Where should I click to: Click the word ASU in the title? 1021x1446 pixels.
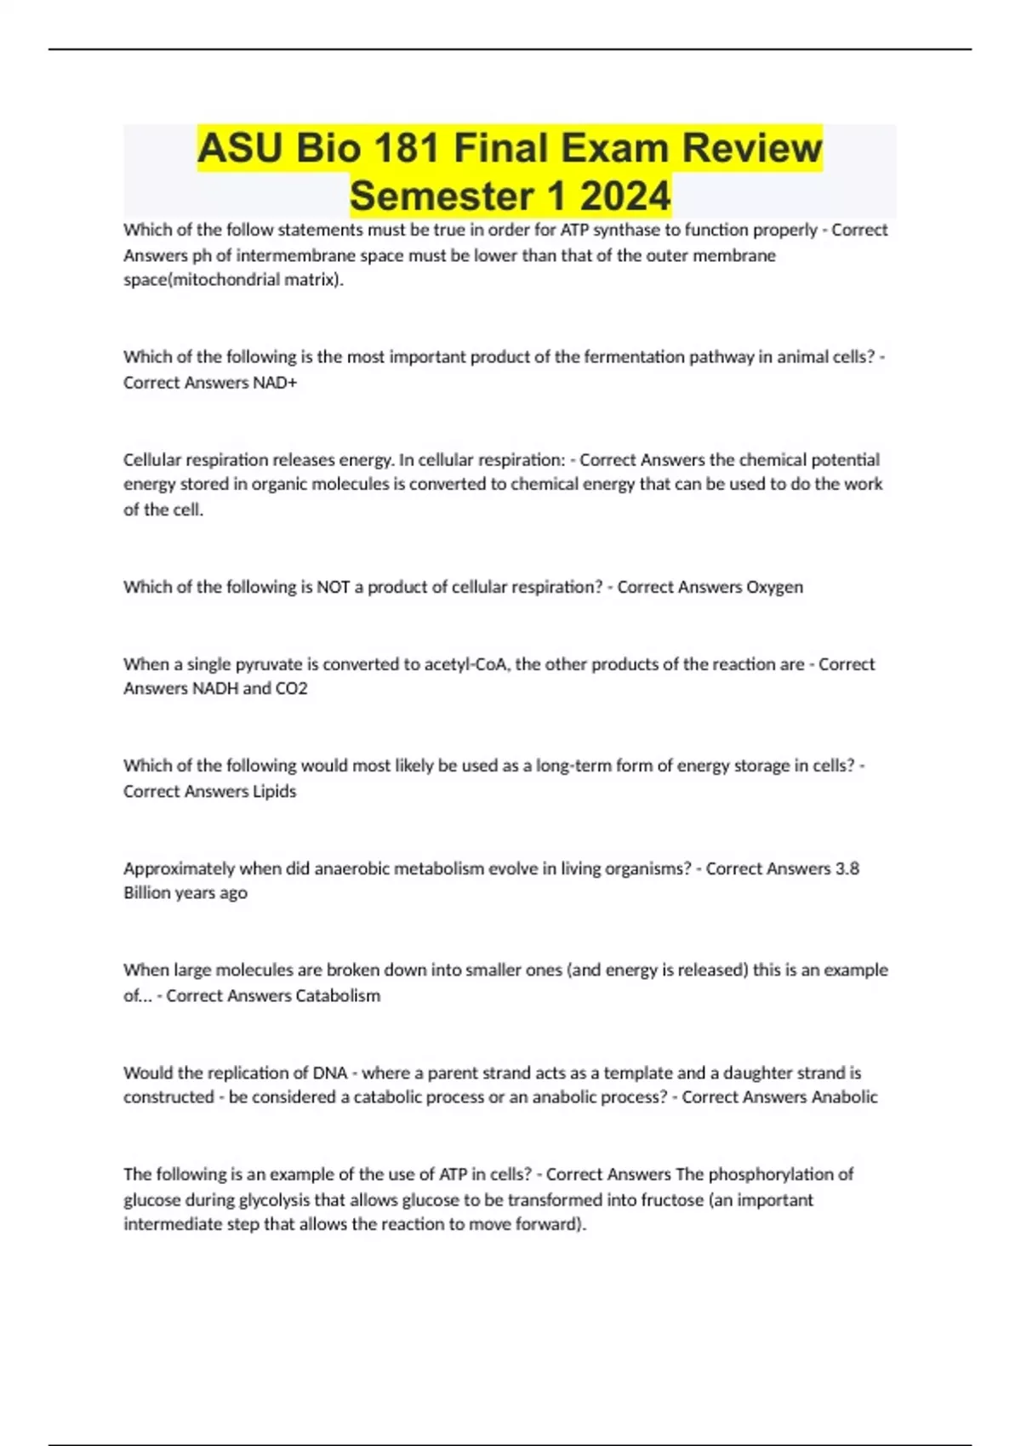coord(240,149)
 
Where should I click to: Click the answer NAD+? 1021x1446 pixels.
coord(275,383)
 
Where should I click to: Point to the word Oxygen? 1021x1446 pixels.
coord(774,587)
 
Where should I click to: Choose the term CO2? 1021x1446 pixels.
coord(291,688)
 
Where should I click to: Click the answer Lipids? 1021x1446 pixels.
coord(274,791)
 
